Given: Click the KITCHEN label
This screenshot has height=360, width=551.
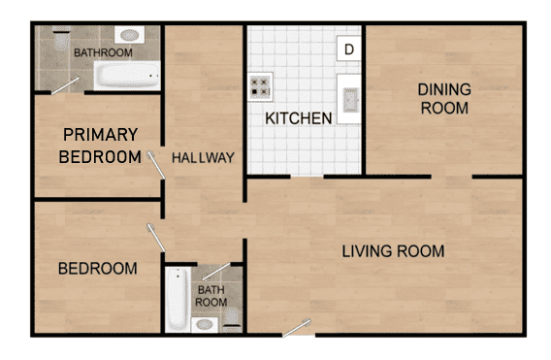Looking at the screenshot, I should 300,118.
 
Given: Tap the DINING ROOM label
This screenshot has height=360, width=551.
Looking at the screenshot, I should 443,99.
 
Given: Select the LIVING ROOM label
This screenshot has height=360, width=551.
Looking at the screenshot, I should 393,251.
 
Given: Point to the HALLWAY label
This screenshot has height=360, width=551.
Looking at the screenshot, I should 204,157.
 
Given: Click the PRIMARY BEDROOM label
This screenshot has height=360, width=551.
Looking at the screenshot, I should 100,146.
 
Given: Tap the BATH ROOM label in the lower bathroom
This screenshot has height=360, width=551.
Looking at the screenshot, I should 212,295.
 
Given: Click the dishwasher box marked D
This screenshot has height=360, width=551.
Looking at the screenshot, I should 349,49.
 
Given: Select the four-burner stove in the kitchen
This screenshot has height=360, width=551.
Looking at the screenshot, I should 260,88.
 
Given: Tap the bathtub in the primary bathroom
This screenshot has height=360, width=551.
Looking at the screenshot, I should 126,76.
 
